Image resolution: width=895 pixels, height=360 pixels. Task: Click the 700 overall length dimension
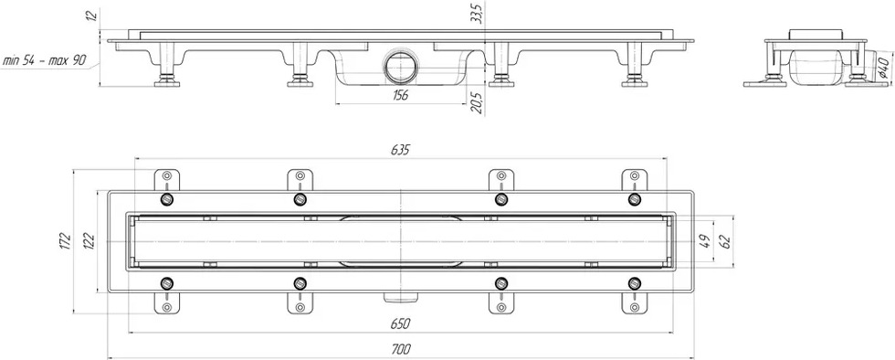click(401, 348)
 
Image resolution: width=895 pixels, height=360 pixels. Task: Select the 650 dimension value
click(401, 324)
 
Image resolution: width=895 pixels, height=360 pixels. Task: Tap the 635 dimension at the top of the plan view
click(401, 150)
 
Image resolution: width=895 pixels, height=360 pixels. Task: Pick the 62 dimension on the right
click(726, 242)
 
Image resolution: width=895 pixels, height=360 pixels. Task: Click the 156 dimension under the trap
click(401, 95)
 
